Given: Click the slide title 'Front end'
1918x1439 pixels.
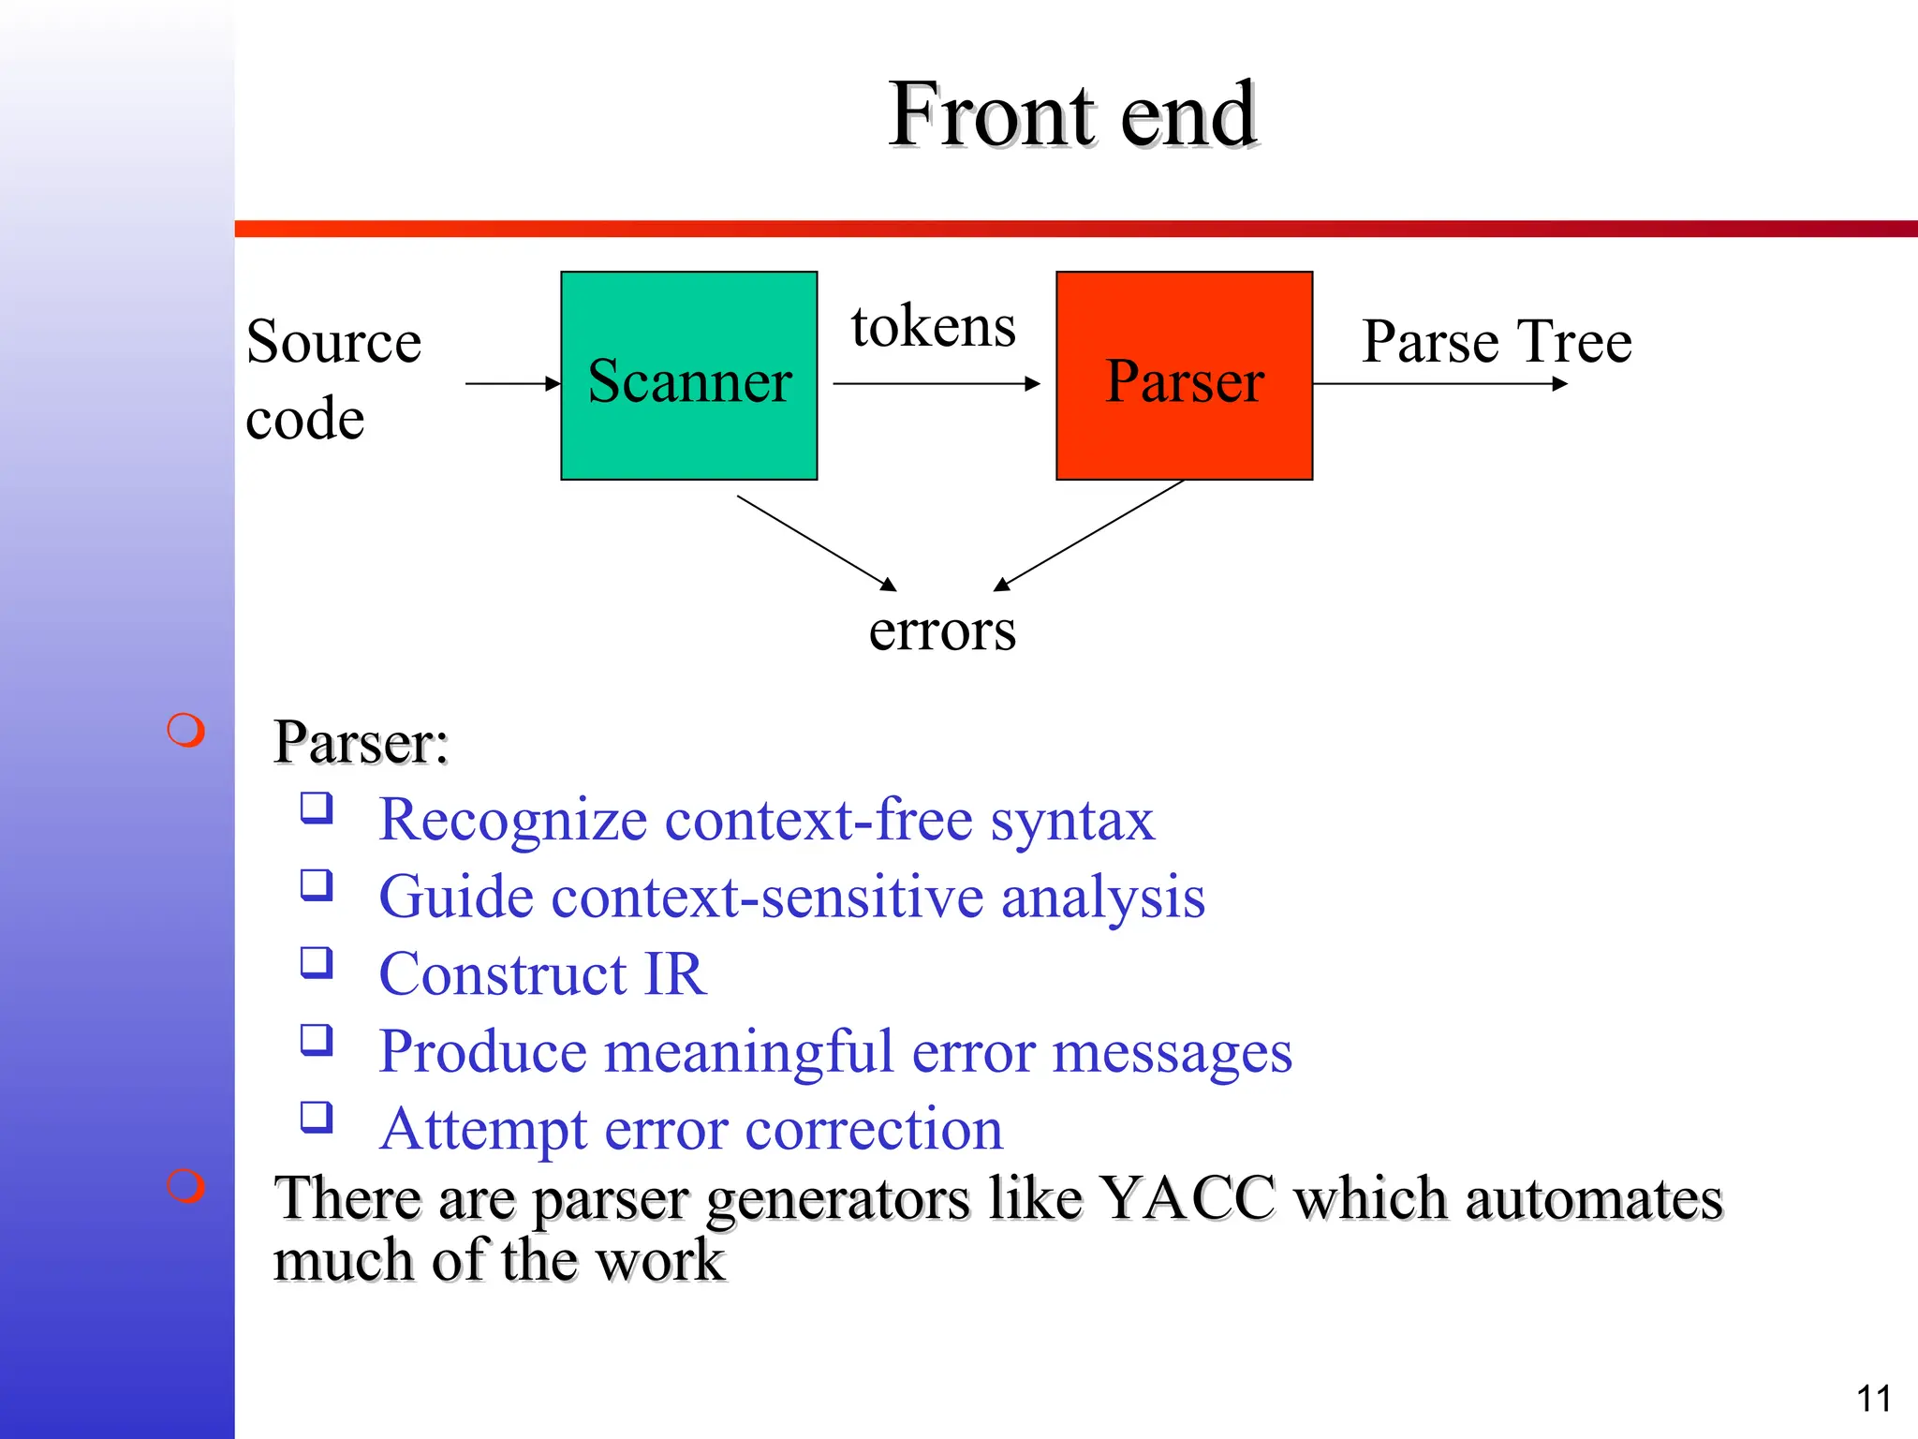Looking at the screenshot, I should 1072,114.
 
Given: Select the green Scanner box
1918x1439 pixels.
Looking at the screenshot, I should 688,376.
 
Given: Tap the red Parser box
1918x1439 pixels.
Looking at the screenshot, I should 1184,376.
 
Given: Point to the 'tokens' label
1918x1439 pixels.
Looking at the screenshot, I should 933,327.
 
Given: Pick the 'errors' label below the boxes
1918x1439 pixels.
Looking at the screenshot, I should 941,630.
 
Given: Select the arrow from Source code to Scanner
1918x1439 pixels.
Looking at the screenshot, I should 511,383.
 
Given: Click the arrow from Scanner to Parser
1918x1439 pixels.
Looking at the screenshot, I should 936,383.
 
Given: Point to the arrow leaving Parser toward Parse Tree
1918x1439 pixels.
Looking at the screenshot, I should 1439,383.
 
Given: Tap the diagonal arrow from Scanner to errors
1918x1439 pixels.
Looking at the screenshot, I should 816,542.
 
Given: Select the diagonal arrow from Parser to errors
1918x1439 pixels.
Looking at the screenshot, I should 1089,535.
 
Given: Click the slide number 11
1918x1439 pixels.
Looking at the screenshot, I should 1873,1399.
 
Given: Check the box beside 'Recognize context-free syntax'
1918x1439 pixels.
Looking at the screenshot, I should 317,808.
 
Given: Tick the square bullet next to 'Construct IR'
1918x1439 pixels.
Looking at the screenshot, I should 317,962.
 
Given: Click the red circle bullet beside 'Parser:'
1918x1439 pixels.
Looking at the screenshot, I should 185,731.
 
